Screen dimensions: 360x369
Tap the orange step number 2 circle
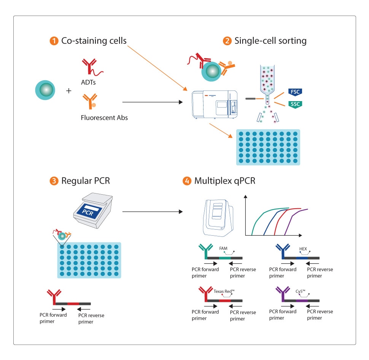(x=227, y=41)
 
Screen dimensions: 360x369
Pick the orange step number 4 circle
(x=187, y=181)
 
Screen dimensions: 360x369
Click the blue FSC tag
(x=294, y=92)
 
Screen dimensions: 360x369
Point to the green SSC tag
(x=294, y=104)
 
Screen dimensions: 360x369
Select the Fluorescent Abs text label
(x=104, y=117)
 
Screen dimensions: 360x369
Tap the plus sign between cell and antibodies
(x=69, y=91)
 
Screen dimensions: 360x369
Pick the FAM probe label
(x=223, y=248)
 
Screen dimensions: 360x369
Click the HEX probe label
(x=303, y=248)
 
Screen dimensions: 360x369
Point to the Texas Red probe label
(x=224, y=291)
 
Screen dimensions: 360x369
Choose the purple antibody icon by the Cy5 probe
(x=282, y=294)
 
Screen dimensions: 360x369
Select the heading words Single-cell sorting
(x=270, y=41)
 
